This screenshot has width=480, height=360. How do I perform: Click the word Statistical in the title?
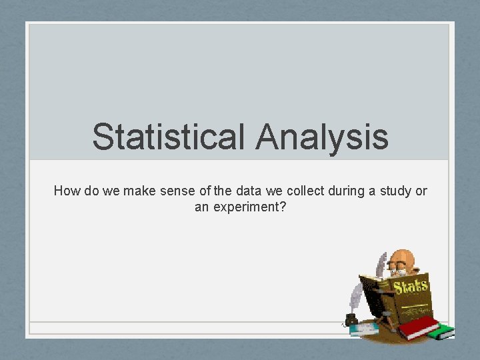[x=169, y=137]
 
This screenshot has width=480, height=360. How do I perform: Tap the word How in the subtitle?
[x=67, y=191]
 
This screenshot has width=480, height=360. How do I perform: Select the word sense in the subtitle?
[x=180, y=191]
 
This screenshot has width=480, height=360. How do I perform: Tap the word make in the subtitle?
[x=140, y=191]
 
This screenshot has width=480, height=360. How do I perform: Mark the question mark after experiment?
[x=283, y=207]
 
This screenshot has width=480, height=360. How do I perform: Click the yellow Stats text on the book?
[x=411, y=287]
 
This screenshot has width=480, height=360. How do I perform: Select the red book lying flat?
[x=417, y=327]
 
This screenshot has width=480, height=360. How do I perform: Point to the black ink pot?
[x=351, y=319]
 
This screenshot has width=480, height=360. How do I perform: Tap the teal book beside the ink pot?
[x=363, y=329]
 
